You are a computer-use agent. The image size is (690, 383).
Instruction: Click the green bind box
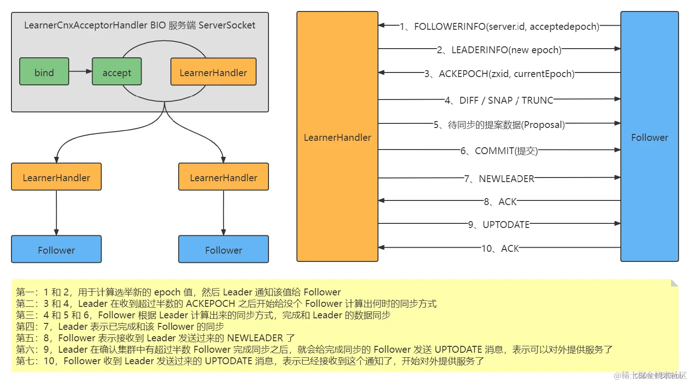[44, 72]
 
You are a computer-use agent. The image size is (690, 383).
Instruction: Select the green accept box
[116, 72]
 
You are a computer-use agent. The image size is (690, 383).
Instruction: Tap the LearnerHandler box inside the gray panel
[213, 72]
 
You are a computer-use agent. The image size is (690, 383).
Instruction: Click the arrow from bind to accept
[81, 71]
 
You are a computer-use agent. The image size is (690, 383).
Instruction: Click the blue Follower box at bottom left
[56, 249]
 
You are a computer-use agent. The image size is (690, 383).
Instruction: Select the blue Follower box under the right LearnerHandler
[223, 249]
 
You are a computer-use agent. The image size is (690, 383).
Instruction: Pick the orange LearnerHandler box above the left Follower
[56, 177]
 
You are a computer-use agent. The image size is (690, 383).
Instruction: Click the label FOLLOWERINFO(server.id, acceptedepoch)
[499, 27]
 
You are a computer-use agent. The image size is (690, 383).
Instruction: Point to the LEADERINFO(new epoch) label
[499, 50]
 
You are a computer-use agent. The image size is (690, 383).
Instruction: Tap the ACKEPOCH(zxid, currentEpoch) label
[499, 74]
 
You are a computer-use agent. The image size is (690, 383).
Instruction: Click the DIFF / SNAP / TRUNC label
[499, 100]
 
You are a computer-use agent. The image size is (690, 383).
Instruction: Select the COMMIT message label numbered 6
[499, 151]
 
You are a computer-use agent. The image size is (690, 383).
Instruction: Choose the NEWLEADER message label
[499, 179]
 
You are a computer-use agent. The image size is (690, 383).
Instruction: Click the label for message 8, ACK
[500, 202]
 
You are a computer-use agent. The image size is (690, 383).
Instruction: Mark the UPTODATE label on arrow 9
[499, 225]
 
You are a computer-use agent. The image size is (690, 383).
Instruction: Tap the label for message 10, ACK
[500, 249]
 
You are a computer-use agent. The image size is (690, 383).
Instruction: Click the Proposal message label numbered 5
[499, 125]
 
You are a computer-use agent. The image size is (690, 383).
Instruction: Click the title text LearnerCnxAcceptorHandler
[86, 25]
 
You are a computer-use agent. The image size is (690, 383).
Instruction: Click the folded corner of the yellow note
[674, 283]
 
